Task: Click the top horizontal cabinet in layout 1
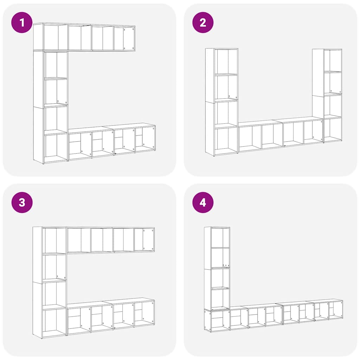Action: tap(84, 37)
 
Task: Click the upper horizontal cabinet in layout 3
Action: tap(111, 240)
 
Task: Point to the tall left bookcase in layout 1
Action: tap(51, 107)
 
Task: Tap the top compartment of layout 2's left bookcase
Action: tap(227, 62)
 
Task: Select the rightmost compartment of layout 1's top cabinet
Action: tap(124, 38)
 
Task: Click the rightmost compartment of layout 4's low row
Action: tap(335, 310)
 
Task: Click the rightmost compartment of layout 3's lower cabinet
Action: tap(144, 313)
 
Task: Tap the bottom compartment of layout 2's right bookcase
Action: tap(332, 129)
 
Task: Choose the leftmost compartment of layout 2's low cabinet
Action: tap(250, 138)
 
